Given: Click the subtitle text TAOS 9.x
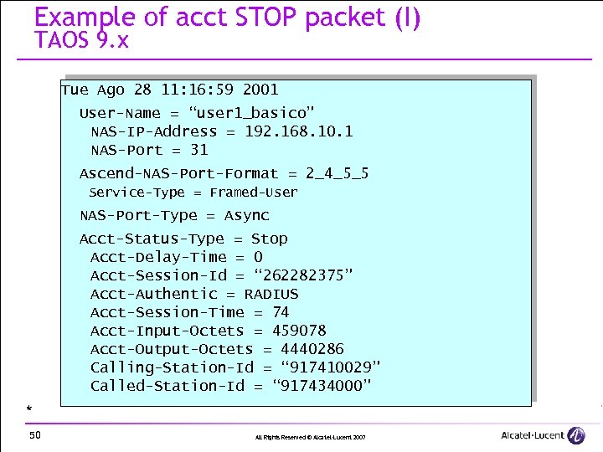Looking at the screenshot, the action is click(82, 40).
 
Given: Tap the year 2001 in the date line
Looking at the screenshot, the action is click(260, 90).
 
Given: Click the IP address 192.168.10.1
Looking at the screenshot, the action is click(299, 131).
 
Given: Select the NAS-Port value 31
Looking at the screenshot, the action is click(199, 150).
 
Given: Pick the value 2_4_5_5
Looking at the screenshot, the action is click(338, 173).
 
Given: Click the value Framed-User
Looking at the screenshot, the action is click(254, 193).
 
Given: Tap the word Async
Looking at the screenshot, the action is click(247, 215).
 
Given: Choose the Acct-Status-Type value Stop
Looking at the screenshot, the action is click(270, 239).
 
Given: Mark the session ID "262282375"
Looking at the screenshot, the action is click(295, 275).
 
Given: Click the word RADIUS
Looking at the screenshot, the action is click(271, 294).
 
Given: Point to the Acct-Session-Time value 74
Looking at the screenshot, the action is click(281, 312).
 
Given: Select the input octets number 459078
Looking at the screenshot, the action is click(299, 331).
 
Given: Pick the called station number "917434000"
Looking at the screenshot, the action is click(322, 386).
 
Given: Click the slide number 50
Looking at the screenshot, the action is click(35, 434).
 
